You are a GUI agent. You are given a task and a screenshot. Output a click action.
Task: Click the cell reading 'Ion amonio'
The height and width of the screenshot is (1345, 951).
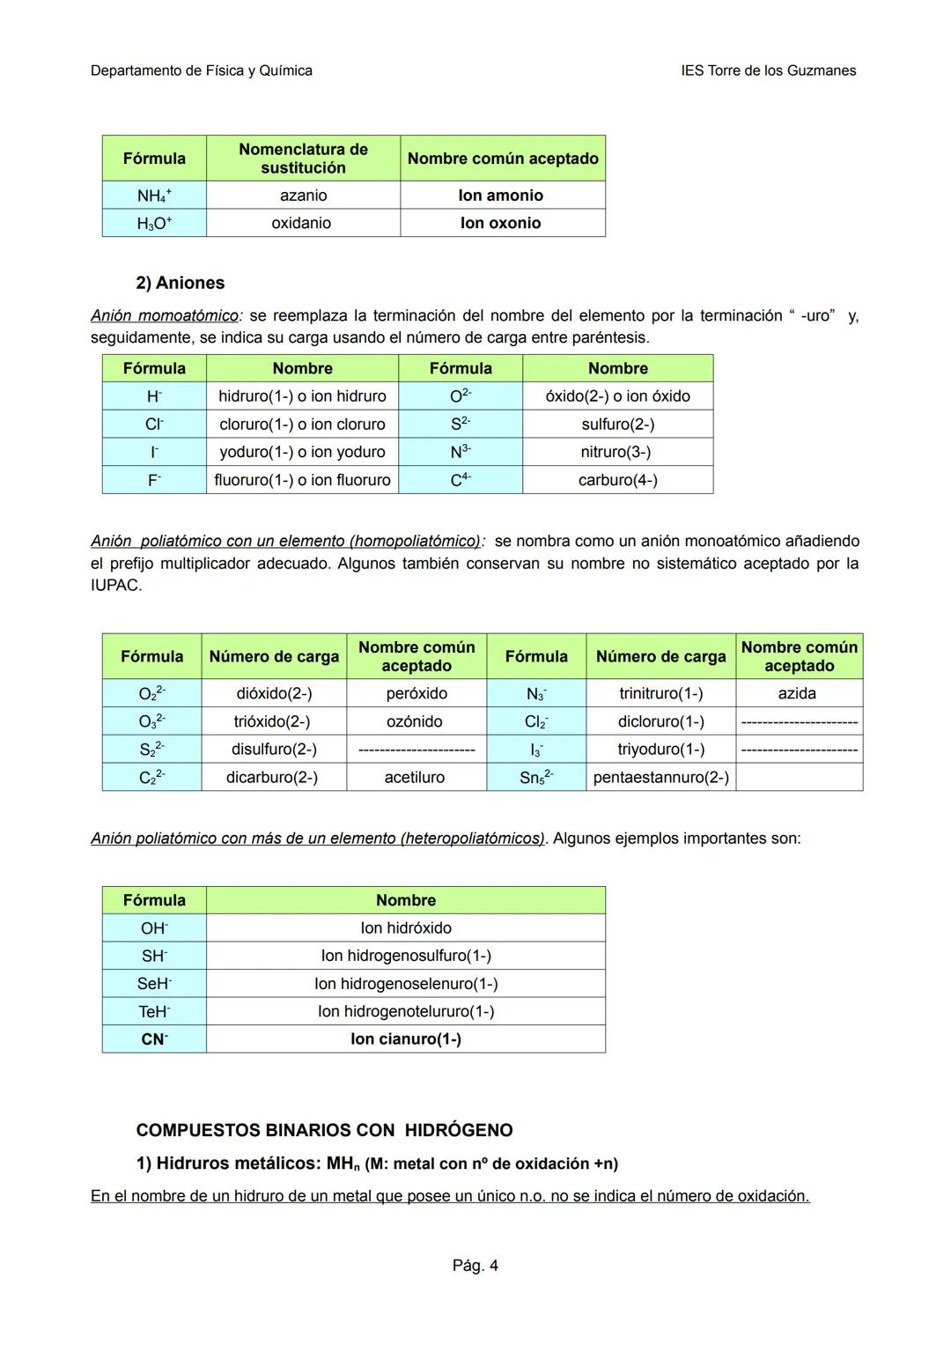(501, 196)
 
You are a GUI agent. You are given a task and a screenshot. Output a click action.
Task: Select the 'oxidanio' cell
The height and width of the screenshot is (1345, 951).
(301, 223)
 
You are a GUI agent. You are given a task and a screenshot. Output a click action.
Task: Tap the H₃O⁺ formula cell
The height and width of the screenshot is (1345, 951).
(154, 224)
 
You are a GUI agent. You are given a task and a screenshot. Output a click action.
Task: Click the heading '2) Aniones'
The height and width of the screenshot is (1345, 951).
(181, 283)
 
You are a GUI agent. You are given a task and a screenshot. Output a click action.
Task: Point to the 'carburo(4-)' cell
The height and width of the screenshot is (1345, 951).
(617, 480)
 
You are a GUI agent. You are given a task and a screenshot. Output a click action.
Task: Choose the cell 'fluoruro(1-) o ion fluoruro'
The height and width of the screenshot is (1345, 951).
(302, 480)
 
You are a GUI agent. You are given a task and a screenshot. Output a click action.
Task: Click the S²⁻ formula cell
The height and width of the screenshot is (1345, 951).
(460, 425)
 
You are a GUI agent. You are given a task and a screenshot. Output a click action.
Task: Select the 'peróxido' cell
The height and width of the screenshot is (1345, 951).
(417, 693)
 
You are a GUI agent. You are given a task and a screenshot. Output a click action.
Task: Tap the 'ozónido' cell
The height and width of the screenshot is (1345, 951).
(415, 721)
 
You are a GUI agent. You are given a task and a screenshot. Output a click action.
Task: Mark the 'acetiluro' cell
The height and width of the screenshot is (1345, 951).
(415, 777)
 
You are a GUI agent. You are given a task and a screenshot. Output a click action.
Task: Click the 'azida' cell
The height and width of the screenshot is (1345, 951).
(797, 693)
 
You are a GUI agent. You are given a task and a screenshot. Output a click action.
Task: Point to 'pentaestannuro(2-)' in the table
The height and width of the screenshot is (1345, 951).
(660, 777)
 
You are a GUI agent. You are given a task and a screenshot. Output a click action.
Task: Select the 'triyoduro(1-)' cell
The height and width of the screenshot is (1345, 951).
(660, 750)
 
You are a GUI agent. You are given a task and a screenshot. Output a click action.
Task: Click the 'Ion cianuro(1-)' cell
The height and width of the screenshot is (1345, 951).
(405, 1039)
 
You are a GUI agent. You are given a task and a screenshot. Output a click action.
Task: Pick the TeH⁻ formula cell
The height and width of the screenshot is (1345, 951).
(154, 1012)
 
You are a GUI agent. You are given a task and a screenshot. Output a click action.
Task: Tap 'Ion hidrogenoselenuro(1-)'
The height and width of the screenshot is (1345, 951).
(406, 984)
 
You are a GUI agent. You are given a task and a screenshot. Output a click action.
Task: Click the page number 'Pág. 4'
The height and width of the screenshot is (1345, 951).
(475, 1266)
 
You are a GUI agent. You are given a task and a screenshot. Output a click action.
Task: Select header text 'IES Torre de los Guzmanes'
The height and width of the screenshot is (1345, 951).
(768, 70)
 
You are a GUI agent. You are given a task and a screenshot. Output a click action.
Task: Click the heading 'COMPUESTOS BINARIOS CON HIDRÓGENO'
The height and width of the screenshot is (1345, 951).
(324, 1130)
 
